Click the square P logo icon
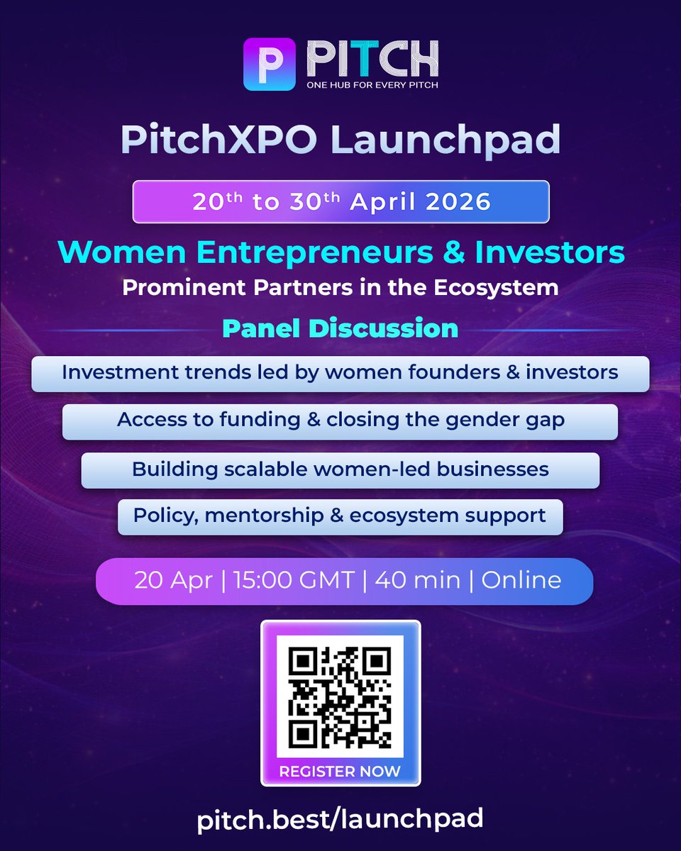269,64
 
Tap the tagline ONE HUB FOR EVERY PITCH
372,86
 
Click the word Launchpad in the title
445,140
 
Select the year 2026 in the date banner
458,201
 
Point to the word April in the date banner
383,201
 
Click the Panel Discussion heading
340,328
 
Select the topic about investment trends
340,373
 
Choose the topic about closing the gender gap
340,421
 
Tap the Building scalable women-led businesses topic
340,469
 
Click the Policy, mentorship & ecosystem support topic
340,516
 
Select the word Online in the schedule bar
521,580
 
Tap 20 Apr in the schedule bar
173,580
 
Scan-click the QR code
340,695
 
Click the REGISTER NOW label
340,771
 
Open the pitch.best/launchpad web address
340,820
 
